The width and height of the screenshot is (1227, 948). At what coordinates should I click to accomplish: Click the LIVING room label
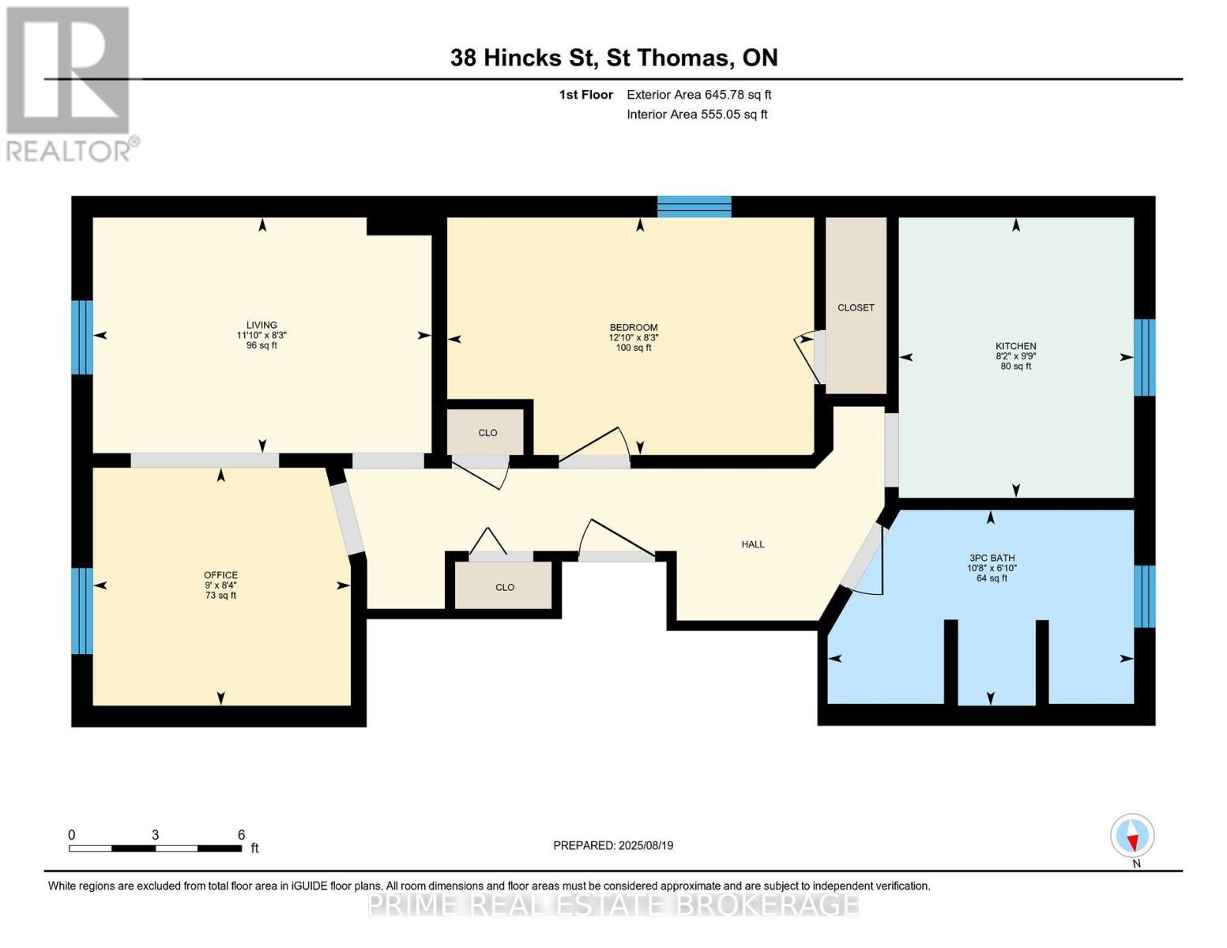click(x=262, y=325)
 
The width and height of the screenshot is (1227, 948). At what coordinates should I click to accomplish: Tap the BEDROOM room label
click(x=633, y=327)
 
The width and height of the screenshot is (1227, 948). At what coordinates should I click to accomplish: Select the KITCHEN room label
click(x=1015, y=346)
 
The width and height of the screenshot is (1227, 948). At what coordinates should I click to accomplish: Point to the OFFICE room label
click(x=220, y=575)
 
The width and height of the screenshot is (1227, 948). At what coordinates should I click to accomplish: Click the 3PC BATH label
click(x=991, y=558)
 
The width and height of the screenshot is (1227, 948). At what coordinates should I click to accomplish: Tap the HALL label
click(x=752, y=544)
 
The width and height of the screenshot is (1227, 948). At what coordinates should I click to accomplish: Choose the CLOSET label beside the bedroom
click(x=856, y=307)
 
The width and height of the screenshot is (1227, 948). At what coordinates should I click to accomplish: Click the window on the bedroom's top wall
click(x=694, y=207)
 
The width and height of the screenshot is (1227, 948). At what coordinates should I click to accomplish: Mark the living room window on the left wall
click(x=82, y=337)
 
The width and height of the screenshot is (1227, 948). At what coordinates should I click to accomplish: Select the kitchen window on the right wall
click(x=1144, y=357)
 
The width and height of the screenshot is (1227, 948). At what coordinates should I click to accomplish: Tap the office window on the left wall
click(x=82, y=611)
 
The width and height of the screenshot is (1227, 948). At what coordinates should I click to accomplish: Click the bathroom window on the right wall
click(x=1144, y=596)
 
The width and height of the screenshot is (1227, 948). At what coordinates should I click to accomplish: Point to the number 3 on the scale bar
click(x=156, y=835)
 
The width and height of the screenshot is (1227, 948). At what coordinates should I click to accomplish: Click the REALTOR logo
click(x=70, y=83)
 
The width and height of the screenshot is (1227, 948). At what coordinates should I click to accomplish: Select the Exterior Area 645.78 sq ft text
click(x=698, y=95)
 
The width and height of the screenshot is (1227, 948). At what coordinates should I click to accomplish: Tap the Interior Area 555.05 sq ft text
click(x=697, y=115)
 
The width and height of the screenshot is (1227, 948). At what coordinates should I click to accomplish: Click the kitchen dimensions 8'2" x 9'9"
click(x=1015, y=356)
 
